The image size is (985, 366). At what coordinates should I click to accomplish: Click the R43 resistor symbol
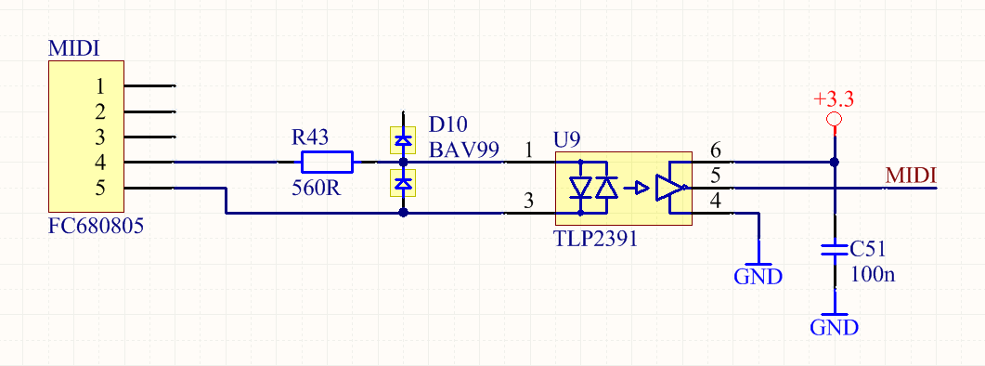[x=327, y=163]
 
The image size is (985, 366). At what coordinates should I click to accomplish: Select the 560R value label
[x=317, y=188]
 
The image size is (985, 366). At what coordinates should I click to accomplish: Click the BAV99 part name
[x=464, y=150]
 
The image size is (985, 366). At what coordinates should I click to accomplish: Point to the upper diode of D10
[x=402, y=139]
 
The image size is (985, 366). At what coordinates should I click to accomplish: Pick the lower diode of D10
[x=402, y=183]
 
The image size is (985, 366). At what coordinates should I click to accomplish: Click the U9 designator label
[x=565, y=139]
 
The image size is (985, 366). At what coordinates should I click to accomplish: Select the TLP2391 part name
[x=596, y=239]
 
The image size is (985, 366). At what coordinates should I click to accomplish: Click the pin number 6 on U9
[x=715, y=150]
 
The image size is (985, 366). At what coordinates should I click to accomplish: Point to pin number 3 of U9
[x=529, y=202]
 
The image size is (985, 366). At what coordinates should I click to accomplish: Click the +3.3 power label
[x=834, y=99]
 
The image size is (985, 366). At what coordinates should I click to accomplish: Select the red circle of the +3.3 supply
[x=835, y=119]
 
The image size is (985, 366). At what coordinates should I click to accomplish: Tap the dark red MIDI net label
[x=911, y=176]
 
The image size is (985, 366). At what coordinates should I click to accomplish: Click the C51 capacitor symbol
[x=835, y=251]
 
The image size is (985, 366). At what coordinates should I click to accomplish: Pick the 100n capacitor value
[x=873, y=274]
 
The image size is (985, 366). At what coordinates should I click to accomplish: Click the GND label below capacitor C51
[x=835, y=328]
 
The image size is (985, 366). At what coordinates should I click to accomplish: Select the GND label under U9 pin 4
[x=758, y=276]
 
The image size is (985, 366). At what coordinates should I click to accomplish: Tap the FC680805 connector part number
[x=96, y=226]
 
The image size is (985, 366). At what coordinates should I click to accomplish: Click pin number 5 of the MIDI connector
[x=100, y=188]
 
